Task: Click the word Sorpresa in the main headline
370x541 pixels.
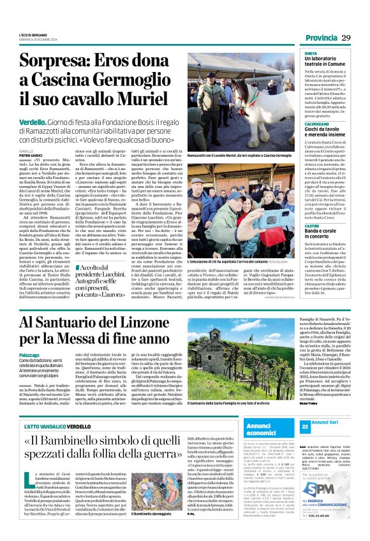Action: pyautogui.click(x=58, y=62)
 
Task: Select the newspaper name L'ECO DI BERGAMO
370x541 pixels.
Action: pyautogui.click(x=32, y=33)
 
